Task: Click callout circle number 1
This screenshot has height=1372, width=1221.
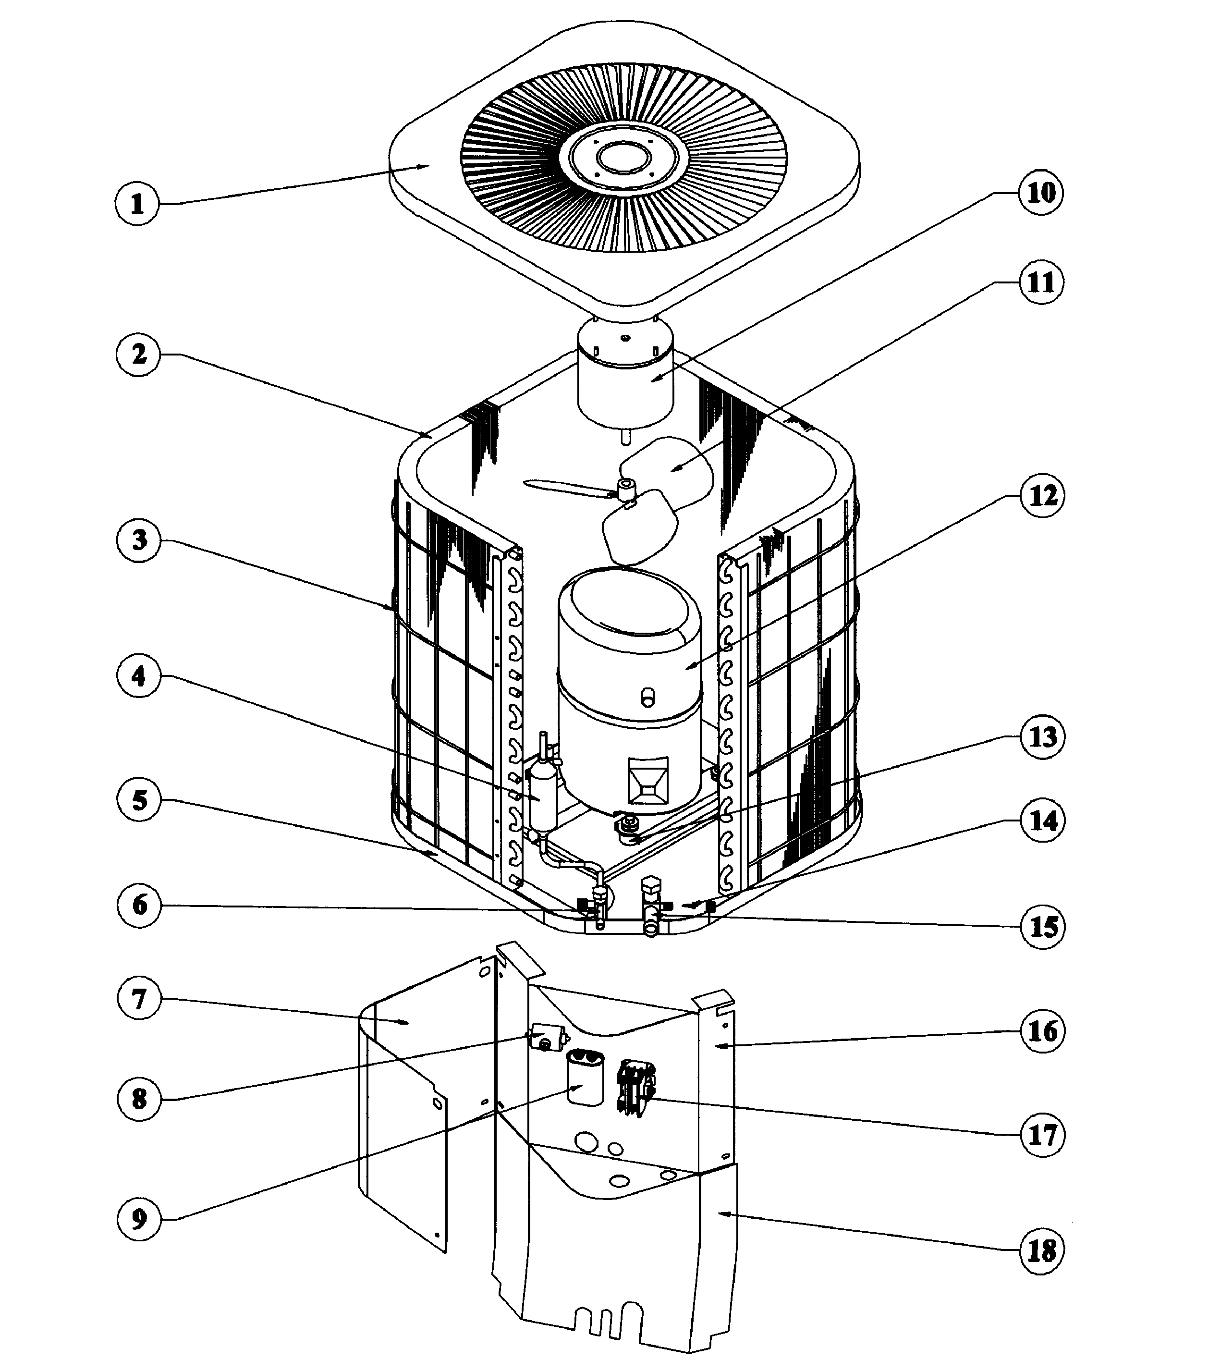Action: click(137, 203)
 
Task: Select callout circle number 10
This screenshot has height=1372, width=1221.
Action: click(1041, 193)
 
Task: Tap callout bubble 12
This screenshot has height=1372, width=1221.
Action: click(1042, 496)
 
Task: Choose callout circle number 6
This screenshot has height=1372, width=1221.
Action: click(139, 905)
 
